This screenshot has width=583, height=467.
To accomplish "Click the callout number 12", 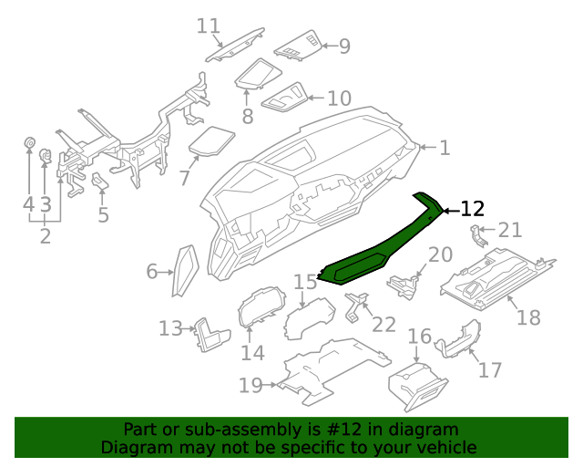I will [x=471, y=210].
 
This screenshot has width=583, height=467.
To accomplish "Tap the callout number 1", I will [x=445, y=148].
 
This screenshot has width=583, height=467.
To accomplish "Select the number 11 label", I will [x=209, y=26].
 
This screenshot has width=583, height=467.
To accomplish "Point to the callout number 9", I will [x=344, y=46].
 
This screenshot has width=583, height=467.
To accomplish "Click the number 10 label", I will [x=338, y=98].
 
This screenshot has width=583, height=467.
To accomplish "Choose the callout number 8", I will [x=247, y=117].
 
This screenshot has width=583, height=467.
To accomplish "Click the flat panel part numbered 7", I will [x=211, y=140].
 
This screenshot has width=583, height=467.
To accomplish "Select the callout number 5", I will [x=103, y=215].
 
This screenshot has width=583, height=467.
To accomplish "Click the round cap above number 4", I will [x=28, y=143].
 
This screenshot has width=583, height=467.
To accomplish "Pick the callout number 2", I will [x=45, y=237].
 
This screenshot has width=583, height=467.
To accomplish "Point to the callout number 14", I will [x=252, y=353].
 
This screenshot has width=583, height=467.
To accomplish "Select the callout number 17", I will [x=490, y=370].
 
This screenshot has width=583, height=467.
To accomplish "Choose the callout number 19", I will [x=251, y=386].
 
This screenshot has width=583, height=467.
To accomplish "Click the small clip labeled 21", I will [x=476, y=235].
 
